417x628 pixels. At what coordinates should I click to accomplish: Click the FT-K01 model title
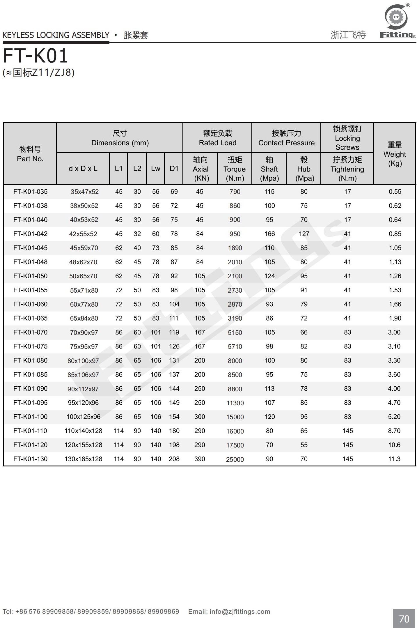36,56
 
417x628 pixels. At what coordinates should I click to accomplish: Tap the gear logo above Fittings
396,17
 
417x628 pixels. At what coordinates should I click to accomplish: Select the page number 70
404,618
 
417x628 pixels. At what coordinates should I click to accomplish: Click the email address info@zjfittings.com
239,611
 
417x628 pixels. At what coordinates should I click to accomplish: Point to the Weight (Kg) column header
395,154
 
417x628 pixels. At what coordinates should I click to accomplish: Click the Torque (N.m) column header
235,169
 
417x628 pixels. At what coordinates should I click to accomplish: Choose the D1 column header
174,169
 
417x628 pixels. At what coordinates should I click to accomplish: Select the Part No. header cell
30,154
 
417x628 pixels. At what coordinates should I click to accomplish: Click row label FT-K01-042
30,234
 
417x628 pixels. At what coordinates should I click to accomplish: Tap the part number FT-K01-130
30,459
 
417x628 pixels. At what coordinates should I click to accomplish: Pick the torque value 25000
235,459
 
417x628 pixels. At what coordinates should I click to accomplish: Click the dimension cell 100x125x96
83,417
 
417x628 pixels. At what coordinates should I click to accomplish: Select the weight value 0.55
395,192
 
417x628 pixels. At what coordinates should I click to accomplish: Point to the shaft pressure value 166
269,234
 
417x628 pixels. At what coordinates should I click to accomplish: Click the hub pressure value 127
304,234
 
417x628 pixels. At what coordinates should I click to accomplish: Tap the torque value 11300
235,403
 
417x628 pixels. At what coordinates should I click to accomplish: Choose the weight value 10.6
394,445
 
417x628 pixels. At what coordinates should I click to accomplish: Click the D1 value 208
174,459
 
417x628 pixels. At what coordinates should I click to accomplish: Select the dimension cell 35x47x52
84,192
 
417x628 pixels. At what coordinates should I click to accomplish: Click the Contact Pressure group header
286,138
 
